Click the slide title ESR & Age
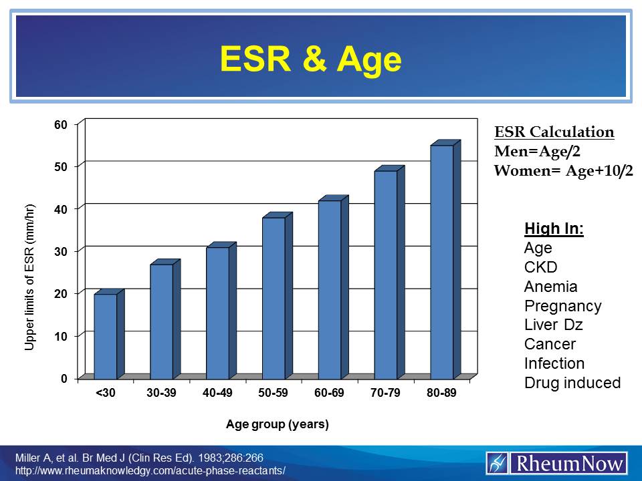311,59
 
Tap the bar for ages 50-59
274,298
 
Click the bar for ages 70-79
386,275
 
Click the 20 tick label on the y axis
62,293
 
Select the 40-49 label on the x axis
217,393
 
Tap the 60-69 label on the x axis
329,393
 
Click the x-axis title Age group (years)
278,425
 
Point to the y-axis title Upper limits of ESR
29,277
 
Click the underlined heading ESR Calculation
554,132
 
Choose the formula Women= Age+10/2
563,170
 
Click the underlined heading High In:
554,229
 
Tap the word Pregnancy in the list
562,306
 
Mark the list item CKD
541,268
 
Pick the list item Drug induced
572,383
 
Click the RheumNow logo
557,462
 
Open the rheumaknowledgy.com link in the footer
150,470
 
